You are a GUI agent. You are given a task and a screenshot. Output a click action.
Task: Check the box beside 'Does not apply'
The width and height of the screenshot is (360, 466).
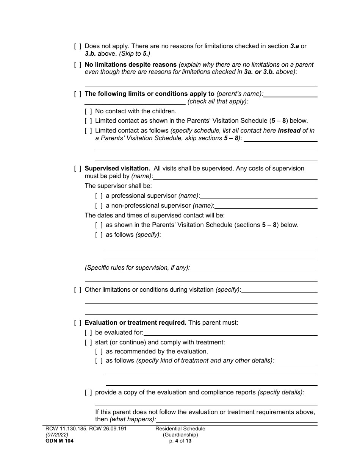pyautogui.click(x=78, y=46)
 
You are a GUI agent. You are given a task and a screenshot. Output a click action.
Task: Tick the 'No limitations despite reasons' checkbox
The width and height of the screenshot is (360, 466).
pyautogui.click(x=78, y=65)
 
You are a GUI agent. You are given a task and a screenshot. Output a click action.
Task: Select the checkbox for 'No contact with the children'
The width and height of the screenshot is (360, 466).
pyautogui.click(x=88, y=111)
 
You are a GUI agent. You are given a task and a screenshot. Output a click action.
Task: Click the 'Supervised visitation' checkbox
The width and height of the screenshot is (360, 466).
pyautogui.click(x=78, y=169)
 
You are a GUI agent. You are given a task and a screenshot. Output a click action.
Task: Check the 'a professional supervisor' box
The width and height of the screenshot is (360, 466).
pyautogui.click(x=99, y=196)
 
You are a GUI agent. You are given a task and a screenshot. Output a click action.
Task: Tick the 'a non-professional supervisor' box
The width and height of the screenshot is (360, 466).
pyautogui.click(x=99, y=206)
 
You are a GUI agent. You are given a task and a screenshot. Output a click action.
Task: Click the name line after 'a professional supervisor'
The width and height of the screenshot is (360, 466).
pyautogui.click(x=258, y=196)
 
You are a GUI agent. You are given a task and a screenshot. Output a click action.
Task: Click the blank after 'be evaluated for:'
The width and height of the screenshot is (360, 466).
pyautogui.click(x=230, y=333)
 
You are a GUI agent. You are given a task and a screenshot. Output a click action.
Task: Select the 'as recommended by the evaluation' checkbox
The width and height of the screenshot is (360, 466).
pyautogui.click(x=99, y=352)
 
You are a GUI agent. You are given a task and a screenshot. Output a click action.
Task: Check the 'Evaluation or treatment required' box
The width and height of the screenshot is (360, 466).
pyautogui.click(x=78, y=323)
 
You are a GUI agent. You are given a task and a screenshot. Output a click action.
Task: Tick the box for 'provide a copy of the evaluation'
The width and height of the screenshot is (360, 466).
pyautogui.click(x=88, y=393)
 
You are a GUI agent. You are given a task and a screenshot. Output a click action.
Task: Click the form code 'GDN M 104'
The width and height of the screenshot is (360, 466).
pyautogui.click(x=58, y=441)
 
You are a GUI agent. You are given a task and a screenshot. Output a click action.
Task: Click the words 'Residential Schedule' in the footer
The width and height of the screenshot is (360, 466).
pyautogui.click(x=180, y=429)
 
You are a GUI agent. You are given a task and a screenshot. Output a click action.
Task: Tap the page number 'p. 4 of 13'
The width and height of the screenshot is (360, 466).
pyautogui.click(x=180, y=441)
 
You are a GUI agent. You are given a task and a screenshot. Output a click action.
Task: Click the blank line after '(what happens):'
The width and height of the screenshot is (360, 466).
pyautogui.click(x=236, y=420)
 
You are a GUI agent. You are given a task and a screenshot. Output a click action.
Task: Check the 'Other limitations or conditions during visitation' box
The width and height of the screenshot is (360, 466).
pyautogui.click(x=78, y=290)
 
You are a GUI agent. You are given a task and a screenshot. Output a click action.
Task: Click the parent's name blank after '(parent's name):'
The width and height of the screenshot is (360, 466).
pyautogui.click(x=291, y=95)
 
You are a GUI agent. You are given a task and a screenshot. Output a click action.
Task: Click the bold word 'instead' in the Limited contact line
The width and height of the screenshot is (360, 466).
pyautogui.click(x=289, y=130)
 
